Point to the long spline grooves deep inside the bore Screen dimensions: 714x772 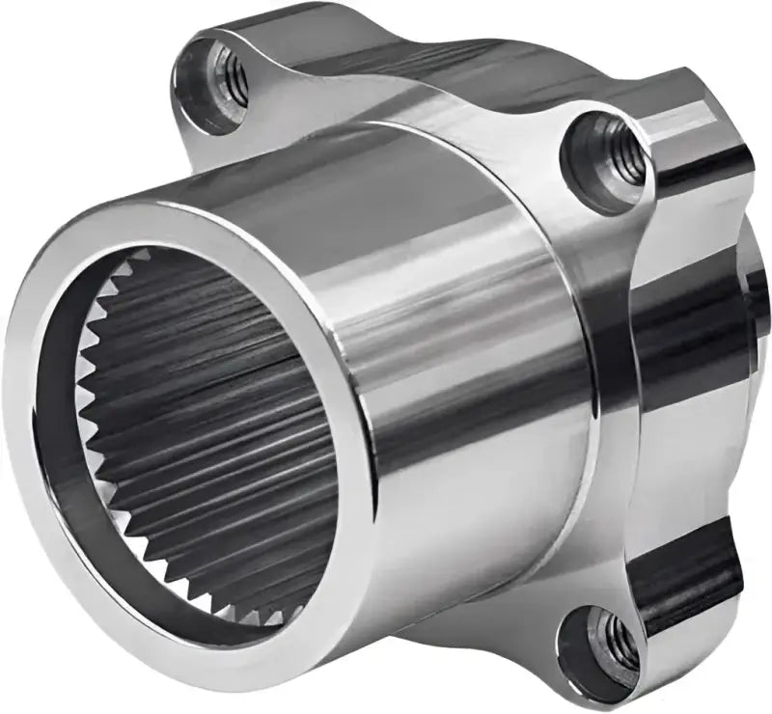click(x=241, y=405)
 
